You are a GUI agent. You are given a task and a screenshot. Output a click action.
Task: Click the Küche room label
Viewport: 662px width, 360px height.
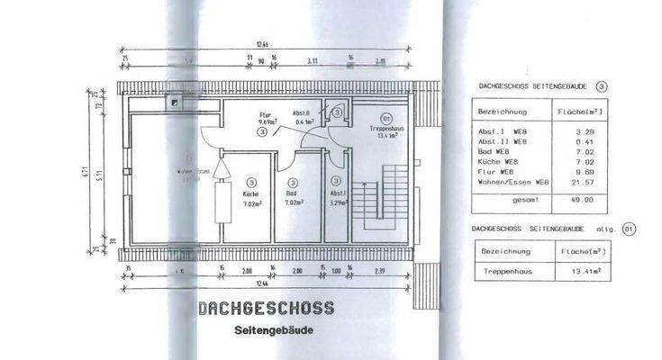(x=250, y=193)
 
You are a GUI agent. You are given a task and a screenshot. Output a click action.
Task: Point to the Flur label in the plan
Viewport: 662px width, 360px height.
(x=265, y=116)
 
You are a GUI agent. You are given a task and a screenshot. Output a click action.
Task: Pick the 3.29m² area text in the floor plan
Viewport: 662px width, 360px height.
(x=337, y=203)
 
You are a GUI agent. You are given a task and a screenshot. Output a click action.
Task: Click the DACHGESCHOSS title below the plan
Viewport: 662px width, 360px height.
(x=266, y=309)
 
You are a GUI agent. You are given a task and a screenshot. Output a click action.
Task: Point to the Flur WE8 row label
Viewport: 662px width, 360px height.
(x=495, y=173)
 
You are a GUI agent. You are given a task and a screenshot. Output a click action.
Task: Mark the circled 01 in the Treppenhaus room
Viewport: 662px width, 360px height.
(x=385, y=118)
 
